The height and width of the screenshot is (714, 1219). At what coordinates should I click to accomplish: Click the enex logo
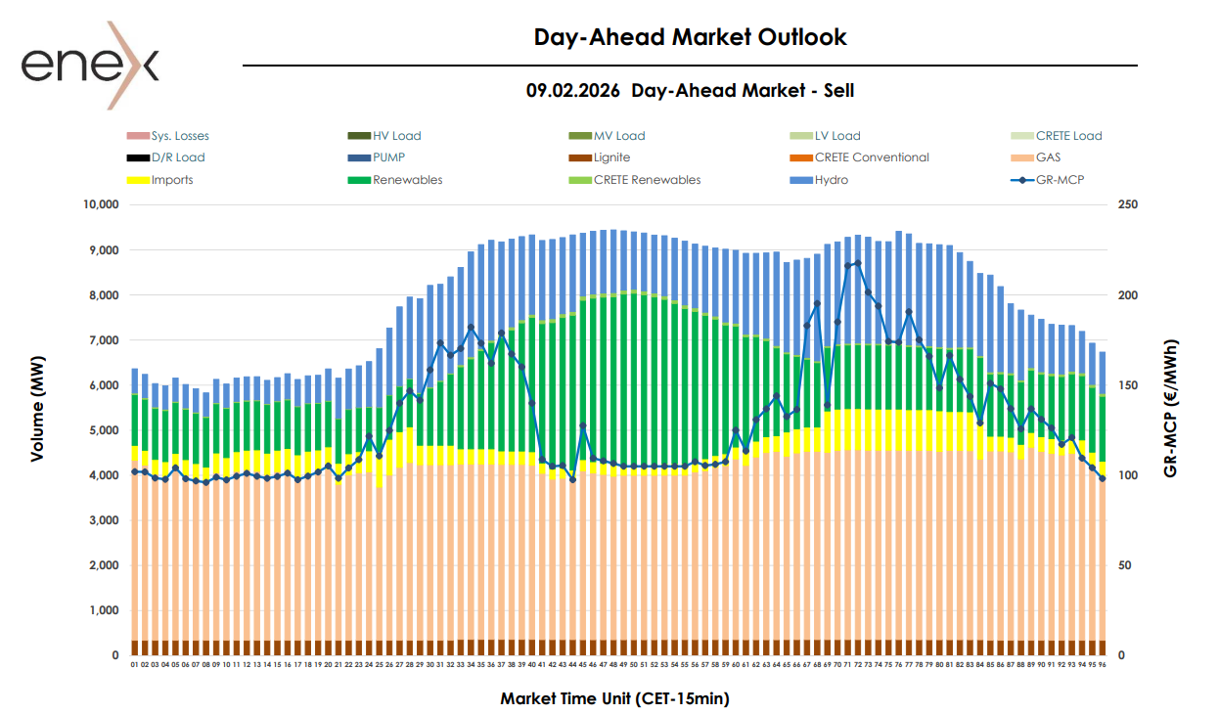(89, 65)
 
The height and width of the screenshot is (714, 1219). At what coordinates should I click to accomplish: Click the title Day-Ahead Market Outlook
(690, 37)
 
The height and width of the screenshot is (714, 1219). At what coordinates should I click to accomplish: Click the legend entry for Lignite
(611, 157)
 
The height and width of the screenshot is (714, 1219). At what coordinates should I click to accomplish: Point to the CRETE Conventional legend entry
(872, 157)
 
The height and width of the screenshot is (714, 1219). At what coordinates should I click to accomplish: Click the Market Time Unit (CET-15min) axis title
(614, 698)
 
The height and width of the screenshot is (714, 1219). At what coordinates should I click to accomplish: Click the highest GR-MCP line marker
(858, 263)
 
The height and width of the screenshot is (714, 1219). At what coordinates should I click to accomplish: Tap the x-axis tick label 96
(1103, 664)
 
